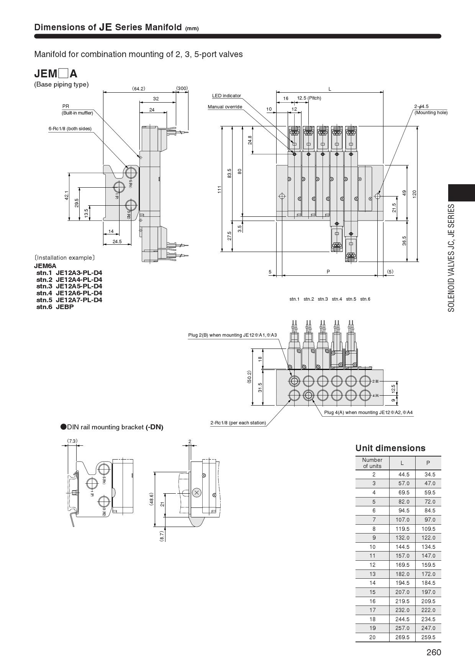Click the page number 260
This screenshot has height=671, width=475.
pyautogui.click(x=434, y=652)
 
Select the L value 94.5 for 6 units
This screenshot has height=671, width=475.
pyautogui.click(x=402, y=511)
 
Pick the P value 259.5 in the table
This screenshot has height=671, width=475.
pyautogui.click(x=428, y=637)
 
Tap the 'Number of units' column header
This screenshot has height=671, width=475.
pyautogui.click(x=372, y=463)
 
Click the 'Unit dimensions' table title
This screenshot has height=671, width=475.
pyautogui.click(x=390, y=448)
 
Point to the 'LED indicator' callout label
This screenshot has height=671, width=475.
pyautogui.click(x=226, y=96)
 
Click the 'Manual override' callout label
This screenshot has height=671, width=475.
pyautogui.click(x=225, y=107)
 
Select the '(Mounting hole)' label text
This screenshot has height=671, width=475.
pyautogui.click(x=431, y=113)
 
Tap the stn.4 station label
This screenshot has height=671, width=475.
pyautogui.click(x=337, y=299)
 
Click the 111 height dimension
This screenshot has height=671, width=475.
pyautogui.click(x=219, y=189)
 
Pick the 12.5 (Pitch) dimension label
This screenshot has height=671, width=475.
pyautogui.click(x=309, y=98)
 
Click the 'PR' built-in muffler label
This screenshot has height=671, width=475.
pyautogui.click(x=66, y=106)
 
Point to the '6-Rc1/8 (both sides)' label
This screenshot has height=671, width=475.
pyautogui.click(x=70, y=129)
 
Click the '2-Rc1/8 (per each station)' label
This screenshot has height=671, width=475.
pyautogui.click(x=238, y=423)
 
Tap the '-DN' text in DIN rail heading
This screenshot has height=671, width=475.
pyautogui.click(x=154, y=427)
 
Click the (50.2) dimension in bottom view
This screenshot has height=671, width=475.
pyautogui.click(x=249, y=377)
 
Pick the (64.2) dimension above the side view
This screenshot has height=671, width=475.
pyautogui.click(x=139, y=88)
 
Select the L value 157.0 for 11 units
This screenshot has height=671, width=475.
pyautogui.click(x=402, y=556)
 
